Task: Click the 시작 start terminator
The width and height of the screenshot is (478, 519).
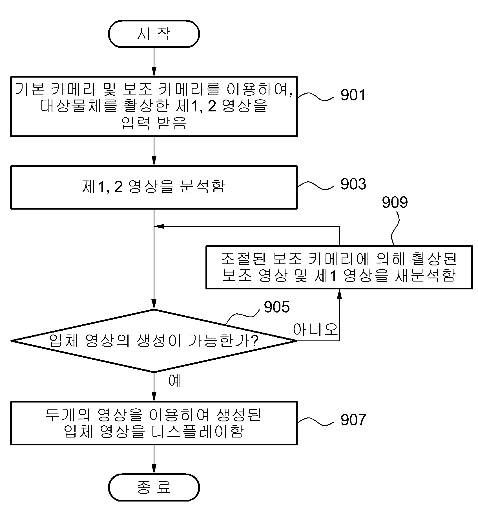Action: click(154, 34)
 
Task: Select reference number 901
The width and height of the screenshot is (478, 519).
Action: click(353, 95)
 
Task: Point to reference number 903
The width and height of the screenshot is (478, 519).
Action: click(353, 184)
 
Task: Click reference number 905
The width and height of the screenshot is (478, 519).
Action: click(276, 307)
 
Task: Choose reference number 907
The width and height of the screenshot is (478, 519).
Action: click(353, 420)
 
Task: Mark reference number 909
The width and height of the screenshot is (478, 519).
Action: click(395, 202)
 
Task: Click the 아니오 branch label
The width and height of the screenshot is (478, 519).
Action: click(315, 329)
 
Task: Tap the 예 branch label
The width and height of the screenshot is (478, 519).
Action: click(175, 381)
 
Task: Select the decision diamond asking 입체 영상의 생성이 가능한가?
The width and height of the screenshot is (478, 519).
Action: click(154, 341)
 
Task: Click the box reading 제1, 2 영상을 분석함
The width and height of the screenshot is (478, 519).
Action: click(154, 187)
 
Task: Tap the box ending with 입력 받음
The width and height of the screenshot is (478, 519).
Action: click(154, 106)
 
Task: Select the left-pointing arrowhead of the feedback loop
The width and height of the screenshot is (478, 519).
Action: click(159, 226)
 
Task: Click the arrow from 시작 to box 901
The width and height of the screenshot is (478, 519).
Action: click(154, 62)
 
